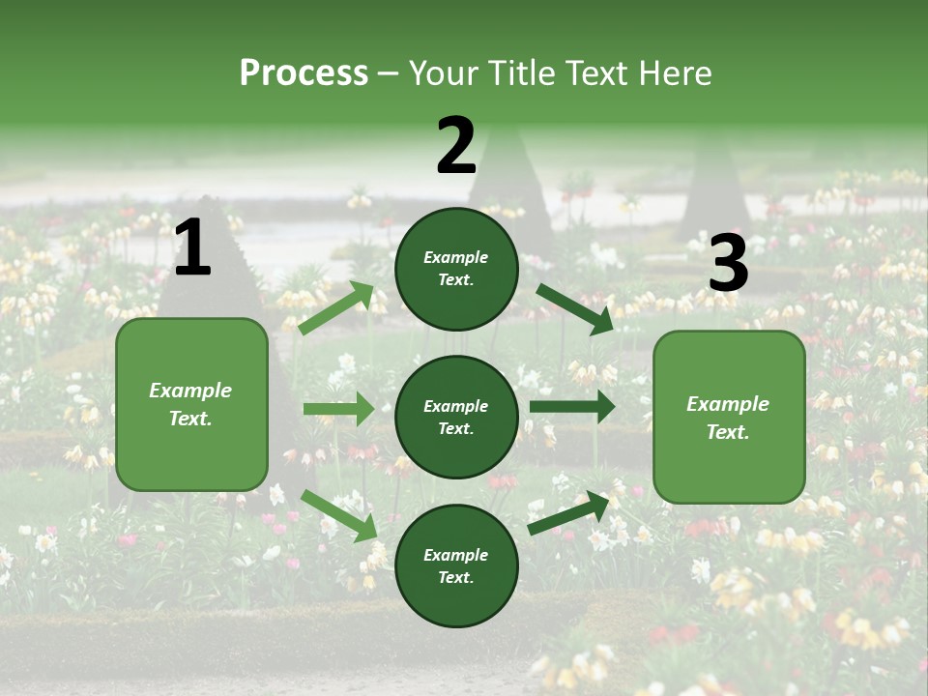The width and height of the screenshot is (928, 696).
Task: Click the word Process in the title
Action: [304, 73]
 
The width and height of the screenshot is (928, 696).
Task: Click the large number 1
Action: [192, 248]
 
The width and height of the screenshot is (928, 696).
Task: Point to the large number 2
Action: [456, 146]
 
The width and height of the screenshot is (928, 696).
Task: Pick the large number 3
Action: [728, 264]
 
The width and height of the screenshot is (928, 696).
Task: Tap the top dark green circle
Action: [456, 269]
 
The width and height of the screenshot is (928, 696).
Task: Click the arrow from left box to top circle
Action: [336, 308]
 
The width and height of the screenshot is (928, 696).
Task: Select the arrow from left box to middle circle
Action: [338, 409]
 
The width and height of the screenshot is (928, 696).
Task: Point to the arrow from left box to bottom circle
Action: [339, 515]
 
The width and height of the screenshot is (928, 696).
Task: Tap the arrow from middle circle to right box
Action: [572, 406]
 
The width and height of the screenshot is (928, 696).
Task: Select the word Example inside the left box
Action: [190, 391]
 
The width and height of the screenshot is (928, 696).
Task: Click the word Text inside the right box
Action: [728, 432]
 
